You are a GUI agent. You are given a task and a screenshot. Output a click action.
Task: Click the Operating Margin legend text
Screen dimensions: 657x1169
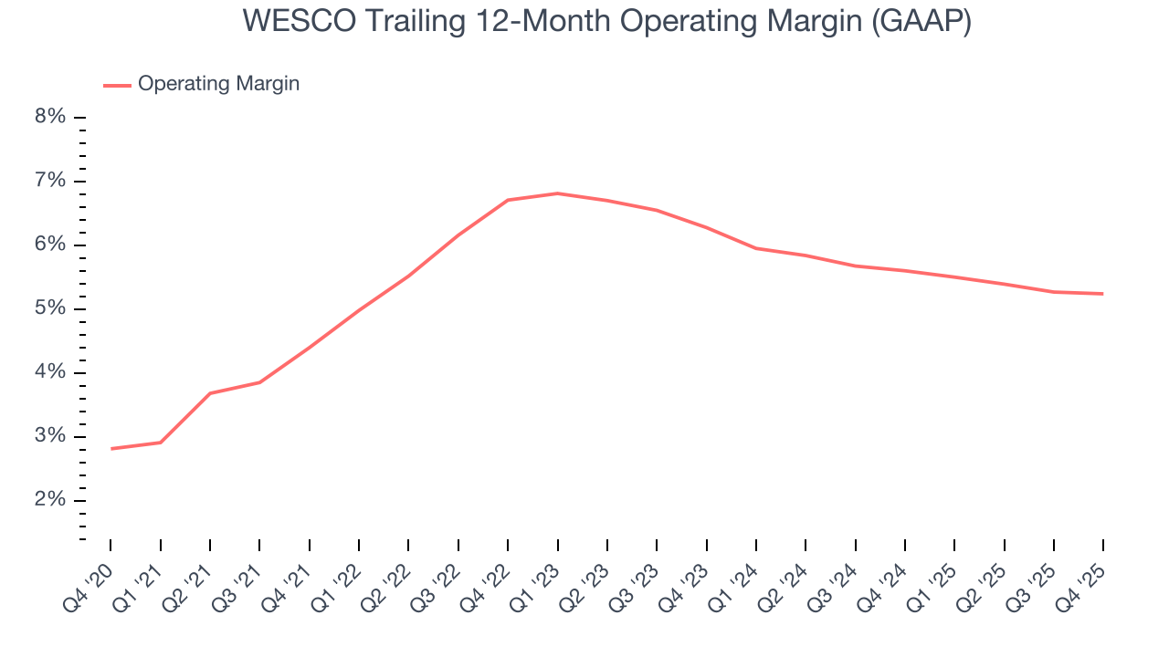[218, 84]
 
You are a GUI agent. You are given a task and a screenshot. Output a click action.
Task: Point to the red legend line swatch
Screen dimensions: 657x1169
[118, 85]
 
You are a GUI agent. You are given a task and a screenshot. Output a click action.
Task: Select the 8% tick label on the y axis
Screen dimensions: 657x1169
[52, 117]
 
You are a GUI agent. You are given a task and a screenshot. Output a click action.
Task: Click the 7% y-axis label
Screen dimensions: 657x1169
[52, 181]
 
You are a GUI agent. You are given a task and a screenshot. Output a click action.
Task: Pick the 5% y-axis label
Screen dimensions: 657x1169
[52, 308]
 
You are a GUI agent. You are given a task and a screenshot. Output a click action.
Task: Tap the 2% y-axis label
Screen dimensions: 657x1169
[52, 500]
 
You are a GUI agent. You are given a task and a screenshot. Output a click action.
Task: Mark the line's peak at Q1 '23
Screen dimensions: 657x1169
[557, 193]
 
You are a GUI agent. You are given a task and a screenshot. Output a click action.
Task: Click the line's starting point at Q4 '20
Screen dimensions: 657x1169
[111, 448]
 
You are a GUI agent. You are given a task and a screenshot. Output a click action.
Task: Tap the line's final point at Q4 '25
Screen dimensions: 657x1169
[1102, 294]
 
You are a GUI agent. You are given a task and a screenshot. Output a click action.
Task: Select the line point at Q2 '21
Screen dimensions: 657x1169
[210, 393]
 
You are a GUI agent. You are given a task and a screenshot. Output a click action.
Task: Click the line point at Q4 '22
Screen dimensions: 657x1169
[508, 200]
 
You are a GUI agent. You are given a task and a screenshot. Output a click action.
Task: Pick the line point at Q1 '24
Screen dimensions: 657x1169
[755, 248]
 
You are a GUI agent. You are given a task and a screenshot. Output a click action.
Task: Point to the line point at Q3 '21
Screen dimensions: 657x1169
[260, 382]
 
